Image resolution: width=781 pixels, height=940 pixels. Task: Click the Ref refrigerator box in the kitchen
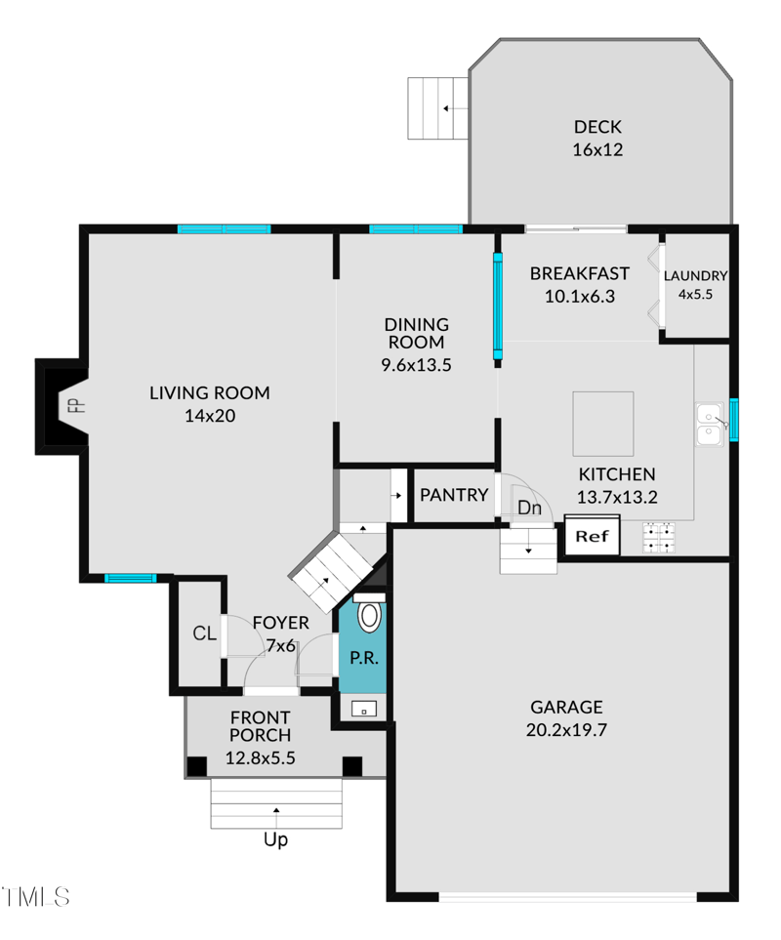592,537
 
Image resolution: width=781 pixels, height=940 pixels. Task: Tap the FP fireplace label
71,405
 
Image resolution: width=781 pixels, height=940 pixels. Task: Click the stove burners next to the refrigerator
659,536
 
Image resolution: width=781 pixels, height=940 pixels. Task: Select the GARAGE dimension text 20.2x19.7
568,729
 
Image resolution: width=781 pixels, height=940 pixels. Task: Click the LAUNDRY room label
696,275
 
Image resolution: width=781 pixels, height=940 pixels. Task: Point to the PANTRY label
453,495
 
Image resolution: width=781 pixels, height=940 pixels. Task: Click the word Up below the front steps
276,839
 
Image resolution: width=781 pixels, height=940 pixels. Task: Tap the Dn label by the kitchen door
529,508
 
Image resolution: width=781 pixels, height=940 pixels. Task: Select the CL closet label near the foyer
204,633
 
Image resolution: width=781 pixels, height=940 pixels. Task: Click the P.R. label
363,658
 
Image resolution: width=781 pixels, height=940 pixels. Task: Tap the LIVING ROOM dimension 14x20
209,416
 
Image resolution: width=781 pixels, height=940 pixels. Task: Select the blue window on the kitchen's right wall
734,419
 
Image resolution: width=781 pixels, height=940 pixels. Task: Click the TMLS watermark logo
35,895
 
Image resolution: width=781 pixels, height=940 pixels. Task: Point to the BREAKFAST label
579,273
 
